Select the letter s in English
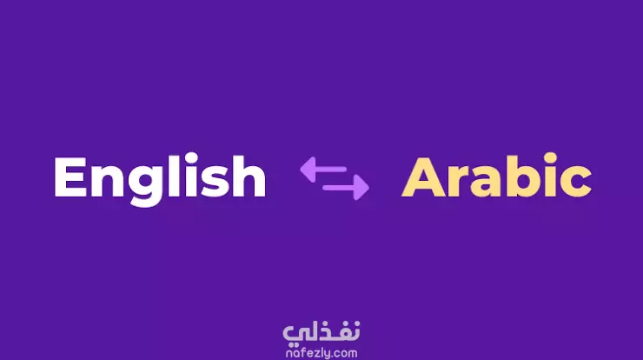pos(212,183)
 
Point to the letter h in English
pos(249,177)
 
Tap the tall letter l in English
pos(173,177)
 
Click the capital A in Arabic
pos(423,177)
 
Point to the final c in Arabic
pos(577,183)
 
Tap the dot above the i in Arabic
pos(552,158)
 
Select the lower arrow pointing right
pos(346,188)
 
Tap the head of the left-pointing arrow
pos(308,169)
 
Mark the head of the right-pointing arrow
pos(361,188)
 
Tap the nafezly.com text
pos(321,353)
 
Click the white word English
pos(160,180)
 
